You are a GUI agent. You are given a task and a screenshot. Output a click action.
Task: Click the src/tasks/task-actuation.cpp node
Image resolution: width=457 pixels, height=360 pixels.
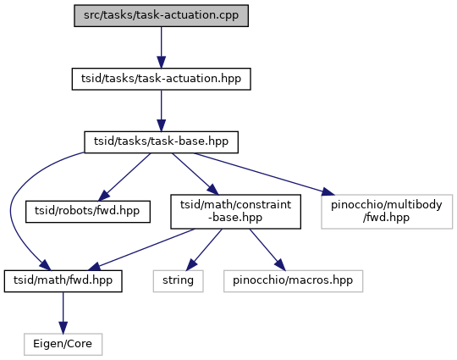tap(161, 16)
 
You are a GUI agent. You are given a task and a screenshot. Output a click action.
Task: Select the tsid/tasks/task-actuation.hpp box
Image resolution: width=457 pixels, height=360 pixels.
tap(161, 79)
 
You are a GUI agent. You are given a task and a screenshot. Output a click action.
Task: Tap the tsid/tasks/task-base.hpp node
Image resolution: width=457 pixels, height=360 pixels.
tap(161, 142)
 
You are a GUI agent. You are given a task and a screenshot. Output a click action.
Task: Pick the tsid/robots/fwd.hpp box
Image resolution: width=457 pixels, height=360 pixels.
tap(88, 212)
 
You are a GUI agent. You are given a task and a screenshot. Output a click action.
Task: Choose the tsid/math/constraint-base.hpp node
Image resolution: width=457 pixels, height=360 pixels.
tap(235, 212)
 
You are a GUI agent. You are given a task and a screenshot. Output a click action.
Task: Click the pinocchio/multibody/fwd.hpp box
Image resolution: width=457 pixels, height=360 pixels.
tap(387, 212)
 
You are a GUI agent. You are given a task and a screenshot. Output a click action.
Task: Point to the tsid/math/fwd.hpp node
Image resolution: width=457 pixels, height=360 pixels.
tap(63, 281)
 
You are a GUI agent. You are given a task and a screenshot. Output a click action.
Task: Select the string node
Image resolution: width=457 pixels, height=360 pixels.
tap(178, 281)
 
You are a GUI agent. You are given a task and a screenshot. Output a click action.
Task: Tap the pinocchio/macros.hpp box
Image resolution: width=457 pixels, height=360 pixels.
tap(293, 281)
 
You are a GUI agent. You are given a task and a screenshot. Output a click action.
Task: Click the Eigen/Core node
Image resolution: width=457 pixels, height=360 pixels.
tap(63, 344)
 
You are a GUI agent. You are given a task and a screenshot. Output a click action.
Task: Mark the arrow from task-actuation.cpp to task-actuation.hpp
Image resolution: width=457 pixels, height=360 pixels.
tap(161, 47)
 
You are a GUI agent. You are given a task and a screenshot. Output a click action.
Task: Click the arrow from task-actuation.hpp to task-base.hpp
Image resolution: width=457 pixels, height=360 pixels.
tap(161, 111)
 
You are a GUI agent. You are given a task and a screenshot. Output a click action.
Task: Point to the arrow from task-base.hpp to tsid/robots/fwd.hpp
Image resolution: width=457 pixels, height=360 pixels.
tap(124, 177)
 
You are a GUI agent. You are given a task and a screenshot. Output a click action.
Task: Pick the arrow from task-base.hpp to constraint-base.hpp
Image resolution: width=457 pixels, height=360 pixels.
tap(195, 174)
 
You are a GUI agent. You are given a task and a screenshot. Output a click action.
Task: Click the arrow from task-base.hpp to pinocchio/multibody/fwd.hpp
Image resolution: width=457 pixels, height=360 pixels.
tap(264, 174)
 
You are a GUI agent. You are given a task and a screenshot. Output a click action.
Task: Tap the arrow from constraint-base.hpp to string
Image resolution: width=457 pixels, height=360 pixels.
tap(204, 250)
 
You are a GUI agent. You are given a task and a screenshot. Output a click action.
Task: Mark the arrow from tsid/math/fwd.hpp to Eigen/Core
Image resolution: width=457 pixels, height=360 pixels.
tap(63, 313)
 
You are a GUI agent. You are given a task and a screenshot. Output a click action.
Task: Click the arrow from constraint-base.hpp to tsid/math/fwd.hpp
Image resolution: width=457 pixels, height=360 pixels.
tap(141, 249)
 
